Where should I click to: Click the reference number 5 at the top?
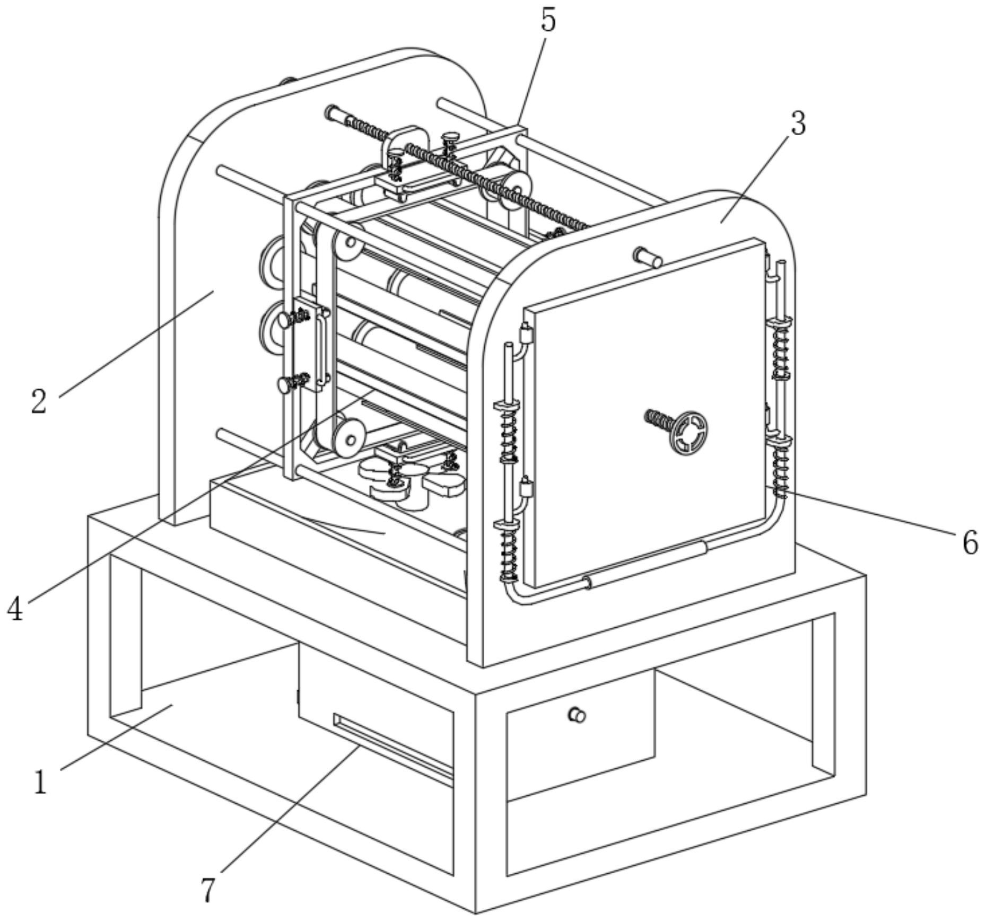click(548, 21)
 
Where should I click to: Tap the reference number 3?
click(798, 124)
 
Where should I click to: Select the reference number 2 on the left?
click(39, 401)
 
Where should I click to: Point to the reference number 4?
click(15, 608)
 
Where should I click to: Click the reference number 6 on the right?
click(970, 542)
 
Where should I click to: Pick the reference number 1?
click(40, 783)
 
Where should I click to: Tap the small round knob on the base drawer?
click(577, 715)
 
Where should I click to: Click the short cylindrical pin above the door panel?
click(648, 257)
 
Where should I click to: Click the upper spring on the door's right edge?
click(780, 349)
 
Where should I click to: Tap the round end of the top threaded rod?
click(333, 112)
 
